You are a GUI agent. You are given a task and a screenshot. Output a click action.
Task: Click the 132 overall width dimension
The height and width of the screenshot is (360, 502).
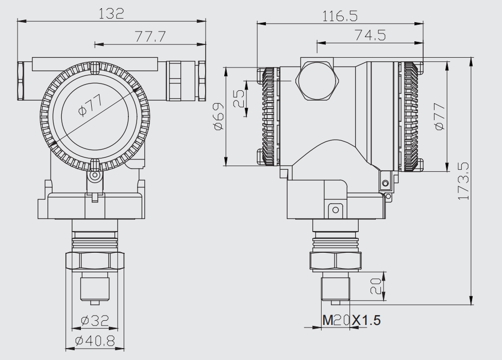pyautogui.click(x=111, y=14)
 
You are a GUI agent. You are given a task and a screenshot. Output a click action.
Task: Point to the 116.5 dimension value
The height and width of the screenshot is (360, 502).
pyautogui.click(x=340, y=16)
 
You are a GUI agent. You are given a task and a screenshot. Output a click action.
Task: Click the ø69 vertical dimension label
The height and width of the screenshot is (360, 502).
pyautogui.click(x=218, y=117)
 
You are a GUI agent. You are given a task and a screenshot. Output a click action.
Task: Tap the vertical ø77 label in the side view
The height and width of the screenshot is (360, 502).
pyautogui.click(x=439, y=117)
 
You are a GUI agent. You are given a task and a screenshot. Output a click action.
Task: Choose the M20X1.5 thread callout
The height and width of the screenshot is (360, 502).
pyautogui.click(x=352, y=320)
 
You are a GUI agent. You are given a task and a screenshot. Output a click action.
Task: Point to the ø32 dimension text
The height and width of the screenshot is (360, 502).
pyautogui.click(x=95, y=321)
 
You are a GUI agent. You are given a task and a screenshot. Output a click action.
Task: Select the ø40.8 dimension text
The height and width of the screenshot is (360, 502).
pyautogui.click(x=95, y=340)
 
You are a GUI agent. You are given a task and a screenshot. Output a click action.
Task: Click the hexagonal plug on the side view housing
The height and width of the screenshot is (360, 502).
pyautogui.click(x=317, y=80)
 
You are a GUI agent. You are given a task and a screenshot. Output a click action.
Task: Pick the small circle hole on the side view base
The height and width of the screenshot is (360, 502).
pyautogui.click(x=335, y=209)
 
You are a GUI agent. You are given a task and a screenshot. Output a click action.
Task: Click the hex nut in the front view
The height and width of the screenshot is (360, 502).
pyautogui.click(x=95, y=260)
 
